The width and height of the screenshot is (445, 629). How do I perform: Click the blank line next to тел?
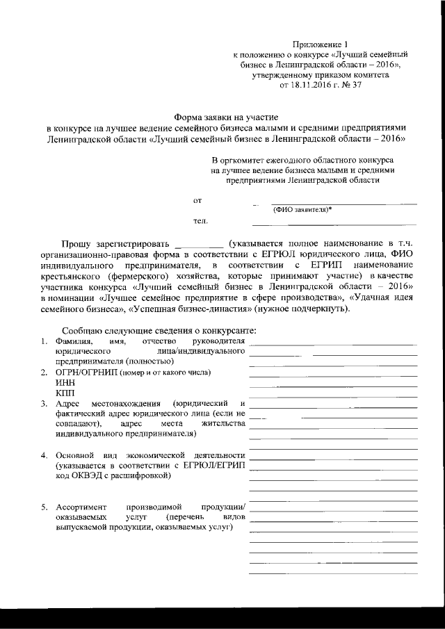click(334, 224)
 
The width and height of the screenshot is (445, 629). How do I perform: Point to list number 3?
click(43, 404)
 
